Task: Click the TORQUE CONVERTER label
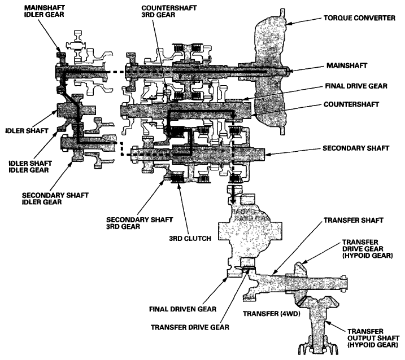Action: [360, 18]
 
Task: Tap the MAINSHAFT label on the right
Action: [347, 65]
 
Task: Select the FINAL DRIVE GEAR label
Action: [356, 86]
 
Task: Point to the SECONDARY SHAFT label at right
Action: [356, 148]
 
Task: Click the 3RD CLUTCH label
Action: [190, 239]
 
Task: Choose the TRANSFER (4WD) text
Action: [271, 314]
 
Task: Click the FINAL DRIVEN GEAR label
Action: [182, 309]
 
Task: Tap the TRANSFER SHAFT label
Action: [354, 221]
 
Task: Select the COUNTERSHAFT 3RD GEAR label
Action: [169, 11]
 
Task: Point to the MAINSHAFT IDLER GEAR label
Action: [44, 11]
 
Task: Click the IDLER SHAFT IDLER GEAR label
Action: [30, 166]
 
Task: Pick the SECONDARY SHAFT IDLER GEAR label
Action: [55, 199]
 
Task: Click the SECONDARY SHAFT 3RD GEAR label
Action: [140, 223]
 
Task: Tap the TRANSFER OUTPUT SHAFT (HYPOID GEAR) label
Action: [373, 338]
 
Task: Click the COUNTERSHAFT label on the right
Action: [351, 104]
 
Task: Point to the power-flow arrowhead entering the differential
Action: [233, 200]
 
